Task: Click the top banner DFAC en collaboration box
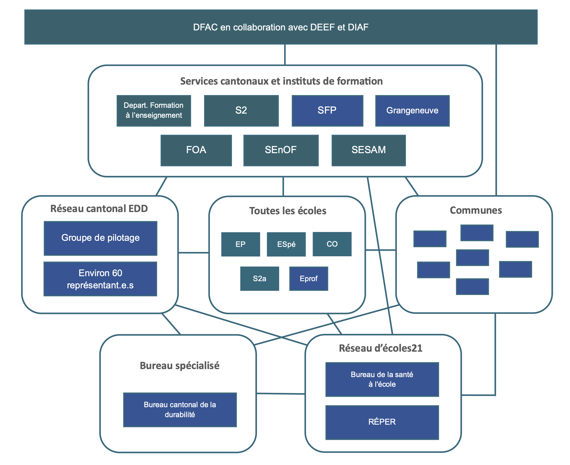281,27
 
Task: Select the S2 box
241,111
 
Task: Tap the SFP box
327,111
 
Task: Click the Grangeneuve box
412,111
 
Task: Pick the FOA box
196,150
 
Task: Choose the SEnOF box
281,150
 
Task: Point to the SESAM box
369,150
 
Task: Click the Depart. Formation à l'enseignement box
154,111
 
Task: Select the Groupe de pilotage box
101,238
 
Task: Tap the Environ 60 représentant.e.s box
100,279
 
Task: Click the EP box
241,244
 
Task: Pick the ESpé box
286,244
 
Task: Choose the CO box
332,244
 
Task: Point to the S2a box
260,278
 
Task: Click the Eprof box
308,278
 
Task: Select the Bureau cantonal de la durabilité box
180,410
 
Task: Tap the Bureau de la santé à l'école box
382,379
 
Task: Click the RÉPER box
382,422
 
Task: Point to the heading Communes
476,210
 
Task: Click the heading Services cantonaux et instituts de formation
281,81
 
